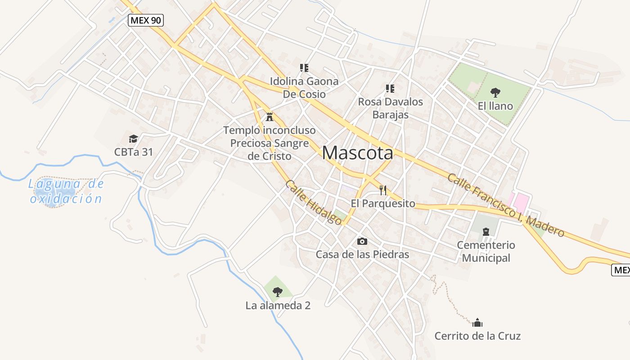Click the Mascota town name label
point(357,153)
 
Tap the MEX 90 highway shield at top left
point(145,20)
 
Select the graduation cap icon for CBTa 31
point(133,139)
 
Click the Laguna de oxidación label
point(66,191)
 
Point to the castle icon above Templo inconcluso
point(270,117)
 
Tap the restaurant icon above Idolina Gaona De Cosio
point(304,68)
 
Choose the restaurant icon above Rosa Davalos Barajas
point(390,89)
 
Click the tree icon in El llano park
point(495,93)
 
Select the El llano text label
point(495,106)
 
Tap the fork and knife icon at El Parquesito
point(383,190)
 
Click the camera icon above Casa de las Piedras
point(362,242)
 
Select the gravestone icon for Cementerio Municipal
point(486,232)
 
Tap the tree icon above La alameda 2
point(278,292)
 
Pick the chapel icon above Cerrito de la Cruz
point(477,323)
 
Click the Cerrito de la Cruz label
point(477,336)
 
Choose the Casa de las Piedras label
point(362,254)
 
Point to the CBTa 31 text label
point(133,152)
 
